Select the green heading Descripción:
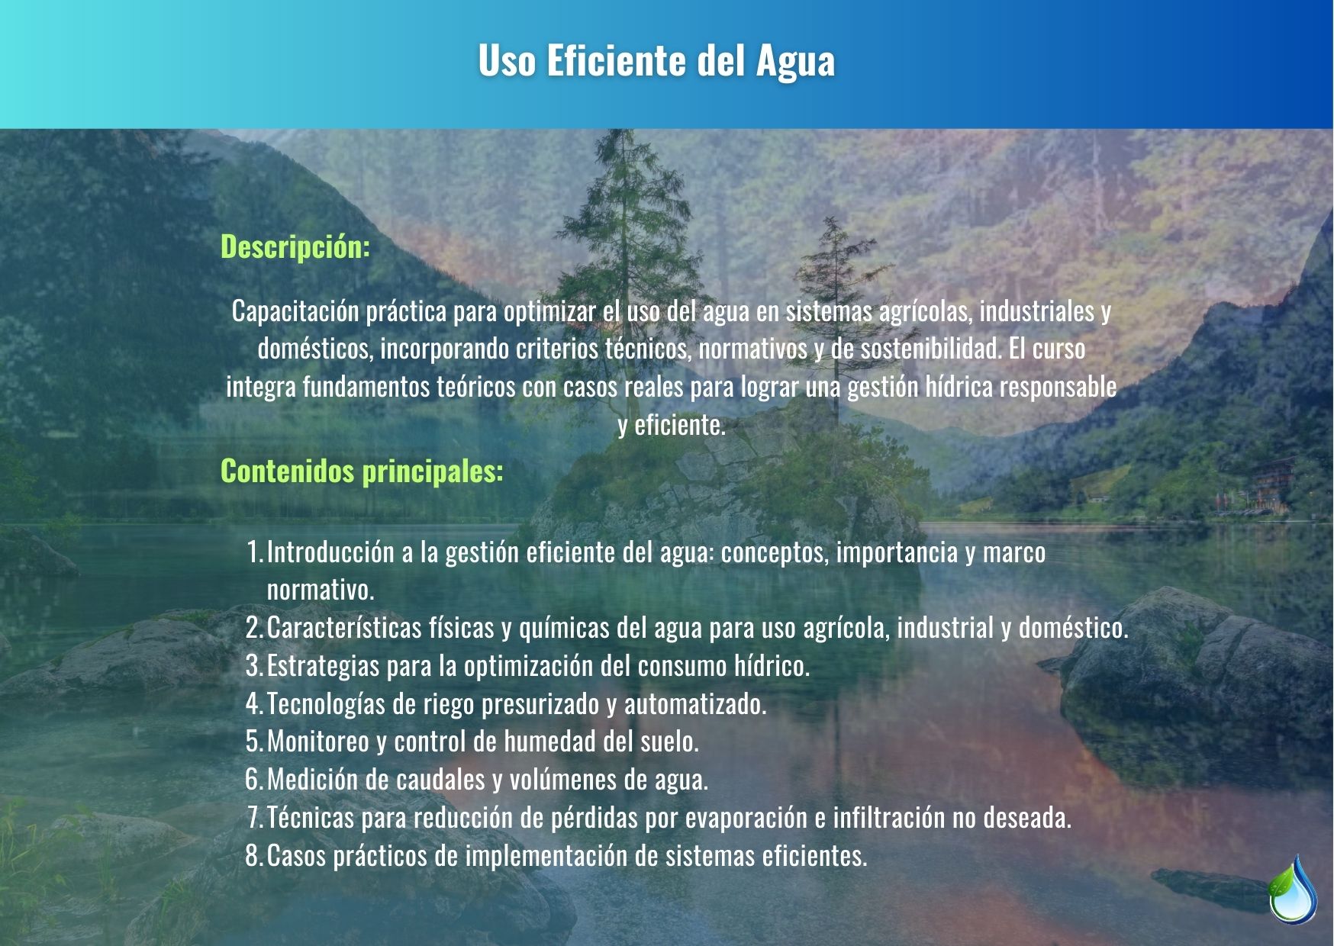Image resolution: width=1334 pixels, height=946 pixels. [x=295, y=248]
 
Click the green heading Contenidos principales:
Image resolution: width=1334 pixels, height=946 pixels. [x=362, y=472]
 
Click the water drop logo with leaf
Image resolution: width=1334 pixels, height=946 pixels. [x=1293, y=890]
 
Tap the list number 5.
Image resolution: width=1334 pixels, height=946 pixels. [x=254, y=741]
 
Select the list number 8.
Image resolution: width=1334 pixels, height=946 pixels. [x=254, y=855]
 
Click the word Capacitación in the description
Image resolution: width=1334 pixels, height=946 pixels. [x=295, y=312]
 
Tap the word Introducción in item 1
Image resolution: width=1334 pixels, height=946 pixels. [x=331, y=552]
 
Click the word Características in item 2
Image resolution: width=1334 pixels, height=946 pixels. [x=344, y=628]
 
